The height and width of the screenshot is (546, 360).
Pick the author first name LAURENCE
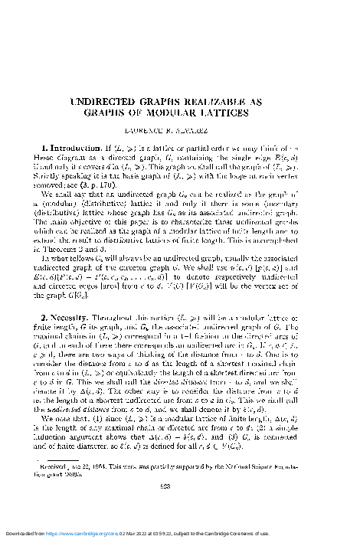tap(157, 131)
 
